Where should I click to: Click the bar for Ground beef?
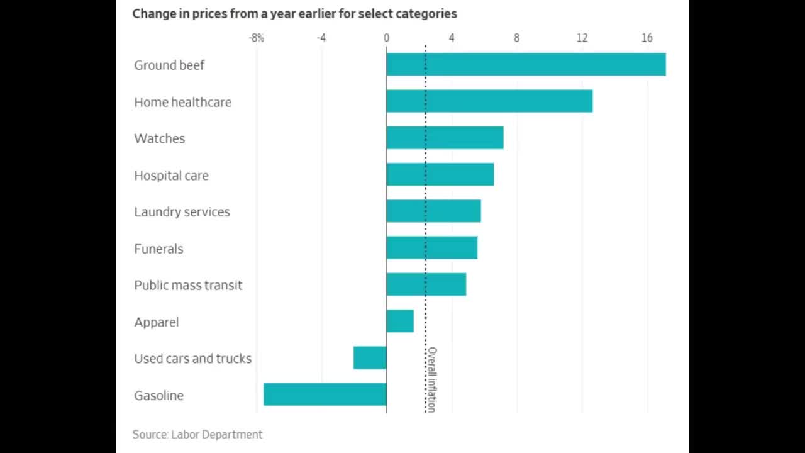[x=526, y=64]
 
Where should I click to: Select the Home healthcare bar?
[x=489, y=101]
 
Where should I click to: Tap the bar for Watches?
[x=445, y=138]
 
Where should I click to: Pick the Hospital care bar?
[x=440, y=174]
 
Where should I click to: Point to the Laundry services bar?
[x=433, y=211]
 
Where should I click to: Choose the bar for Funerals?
[x=431, y=248]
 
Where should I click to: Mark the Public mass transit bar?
[x=426, y=284]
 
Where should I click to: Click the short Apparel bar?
[x=400, y=321]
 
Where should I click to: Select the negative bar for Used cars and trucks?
[x=370, y=357]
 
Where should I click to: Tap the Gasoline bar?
[x=325, y=394]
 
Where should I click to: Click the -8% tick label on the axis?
[x=256, y=38]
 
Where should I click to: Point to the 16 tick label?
[x=647, y=38]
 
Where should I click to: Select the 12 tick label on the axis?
[x=582, y=38]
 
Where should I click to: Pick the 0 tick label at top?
[x=386, y=38]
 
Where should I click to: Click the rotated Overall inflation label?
[x=431, y=379]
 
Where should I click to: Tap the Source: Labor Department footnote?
[x=197, y=434]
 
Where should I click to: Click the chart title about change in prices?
[x=294, y=13]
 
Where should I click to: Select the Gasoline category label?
[x=158, y=395]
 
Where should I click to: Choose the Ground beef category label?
[x=169, y=65]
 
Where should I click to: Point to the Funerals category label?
[x=158, y=249]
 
